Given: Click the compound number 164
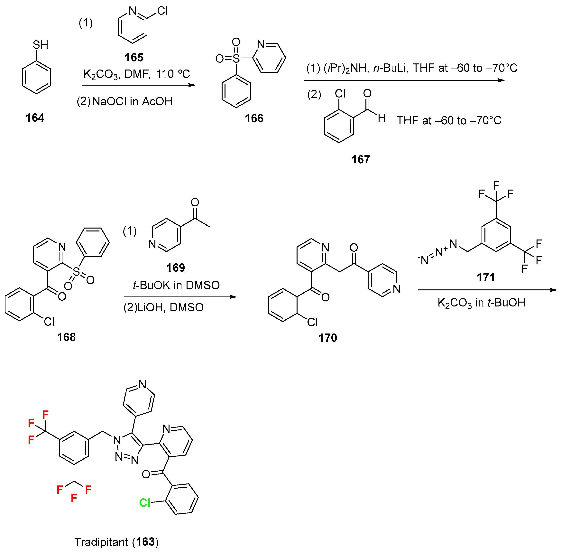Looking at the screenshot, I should click(35, 118).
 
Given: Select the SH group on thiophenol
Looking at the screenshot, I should click(40, 45).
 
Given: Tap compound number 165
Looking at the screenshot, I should click(134, 58).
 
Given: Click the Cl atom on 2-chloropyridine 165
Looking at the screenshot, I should click(162, 11).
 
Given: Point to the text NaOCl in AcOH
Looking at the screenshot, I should click(132, 101).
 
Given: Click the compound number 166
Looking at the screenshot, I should click(254, 118).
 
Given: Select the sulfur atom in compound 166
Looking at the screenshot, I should click(236, 59).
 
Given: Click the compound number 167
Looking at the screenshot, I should click(361, 159).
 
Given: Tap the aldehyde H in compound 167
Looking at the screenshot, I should click(382, 118).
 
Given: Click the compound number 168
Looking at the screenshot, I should click(66, 337).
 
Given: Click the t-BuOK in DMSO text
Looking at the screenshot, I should click(176, 286).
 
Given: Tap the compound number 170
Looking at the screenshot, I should click(327, 338).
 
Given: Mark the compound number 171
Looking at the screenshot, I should click(485, 277).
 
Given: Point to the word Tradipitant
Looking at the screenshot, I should click(101, 542).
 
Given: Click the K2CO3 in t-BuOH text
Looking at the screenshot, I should click(481, 303).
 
